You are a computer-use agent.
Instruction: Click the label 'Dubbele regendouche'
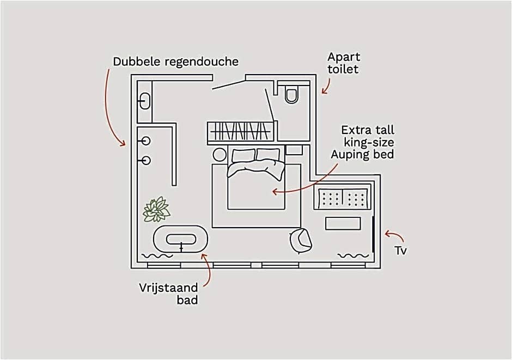click(x=175, y=62)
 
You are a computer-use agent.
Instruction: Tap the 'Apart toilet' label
click(x=344, y=63)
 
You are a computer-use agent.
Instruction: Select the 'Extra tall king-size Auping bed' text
click(x=363, y=142)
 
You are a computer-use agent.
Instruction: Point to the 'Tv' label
click(x=401, y=251)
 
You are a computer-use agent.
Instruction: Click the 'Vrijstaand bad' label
click(x=168, y=293)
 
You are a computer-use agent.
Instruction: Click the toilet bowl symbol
click(x=292, y=95)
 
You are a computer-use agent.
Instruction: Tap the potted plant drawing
click(x=156, y=209)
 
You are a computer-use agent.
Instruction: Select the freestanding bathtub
click(x=181, y=239)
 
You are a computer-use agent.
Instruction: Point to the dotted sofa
click(x=343, y=197)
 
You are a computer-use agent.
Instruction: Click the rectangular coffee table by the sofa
click(x=343, y=223)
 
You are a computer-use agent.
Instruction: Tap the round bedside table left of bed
click(x=220, y=154)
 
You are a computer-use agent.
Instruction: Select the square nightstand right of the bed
click(x=294, y=150)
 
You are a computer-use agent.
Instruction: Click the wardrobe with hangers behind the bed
click(x=240, y=131)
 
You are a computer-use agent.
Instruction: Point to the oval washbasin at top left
click(x=145, y=101)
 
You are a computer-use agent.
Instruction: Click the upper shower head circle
click(x=145, y=141)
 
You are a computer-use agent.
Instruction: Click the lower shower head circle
click(x=145, y=160)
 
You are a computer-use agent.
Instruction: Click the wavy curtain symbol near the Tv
click(x=353, y=255)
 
